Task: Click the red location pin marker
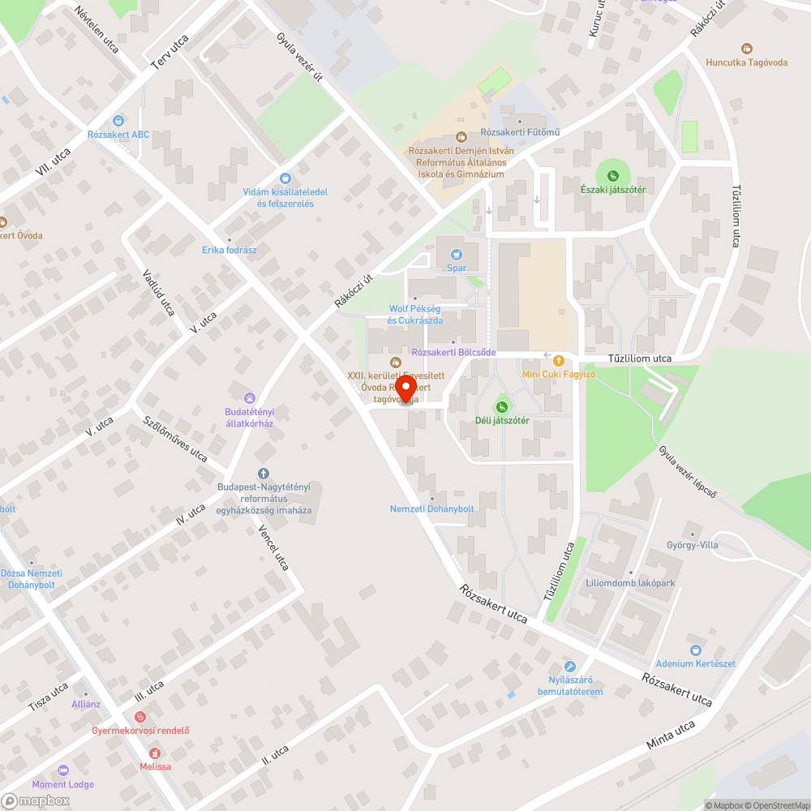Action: point(405,387)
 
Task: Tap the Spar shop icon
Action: point(457,254)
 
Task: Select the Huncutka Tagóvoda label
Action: point(747,62)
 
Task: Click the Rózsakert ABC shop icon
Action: point(119,121)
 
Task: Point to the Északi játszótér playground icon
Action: point(613,175)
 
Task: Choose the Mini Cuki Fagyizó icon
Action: point(558,360)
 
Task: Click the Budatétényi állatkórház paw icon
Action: point(249,397)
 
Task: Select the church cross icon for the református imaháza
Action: point(263,474)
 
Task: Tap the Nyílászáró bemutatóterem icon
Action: point(570,665)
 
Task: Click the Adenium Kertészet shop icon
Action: point(695,650)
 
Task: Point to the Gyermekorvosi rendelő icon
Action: point(140,717)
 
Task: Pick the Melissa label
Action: point(155,766)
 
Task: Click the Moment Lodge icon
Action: point(62,770)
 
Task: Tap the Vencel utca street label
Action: point(273,547)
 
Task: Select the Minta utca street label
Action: point(672,734)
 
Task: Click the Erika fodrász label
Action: point(230,250)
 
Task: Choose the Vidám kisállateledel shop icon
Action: point(285,178)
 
